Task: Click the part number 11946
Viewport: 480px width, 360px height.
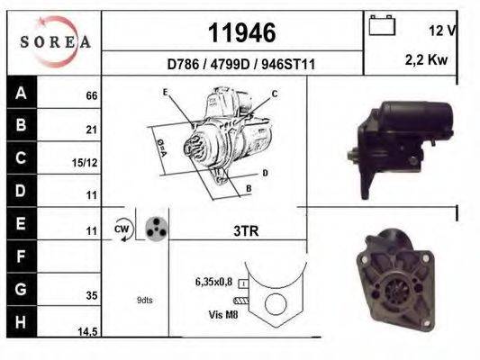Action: tap(241, 33)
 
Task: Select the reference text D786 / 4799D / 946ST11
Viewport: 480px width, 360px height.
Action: tap(240, 65)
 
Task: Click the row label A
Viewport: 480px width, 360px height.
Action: tap(21, 93)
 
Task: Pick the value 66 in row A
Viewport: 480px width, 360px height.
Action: tap(90, 95)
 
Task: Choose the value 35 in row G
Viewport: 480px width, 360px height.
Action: tap(90, 293)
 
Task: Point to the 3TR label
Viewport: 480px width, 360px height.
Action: tap(245, 231)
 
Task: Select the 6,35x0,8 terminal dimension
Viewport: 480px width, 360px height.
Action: tap(213, 282)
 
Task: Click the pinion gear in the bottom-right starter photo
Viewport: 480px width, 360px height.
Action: tap(396, 293)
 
